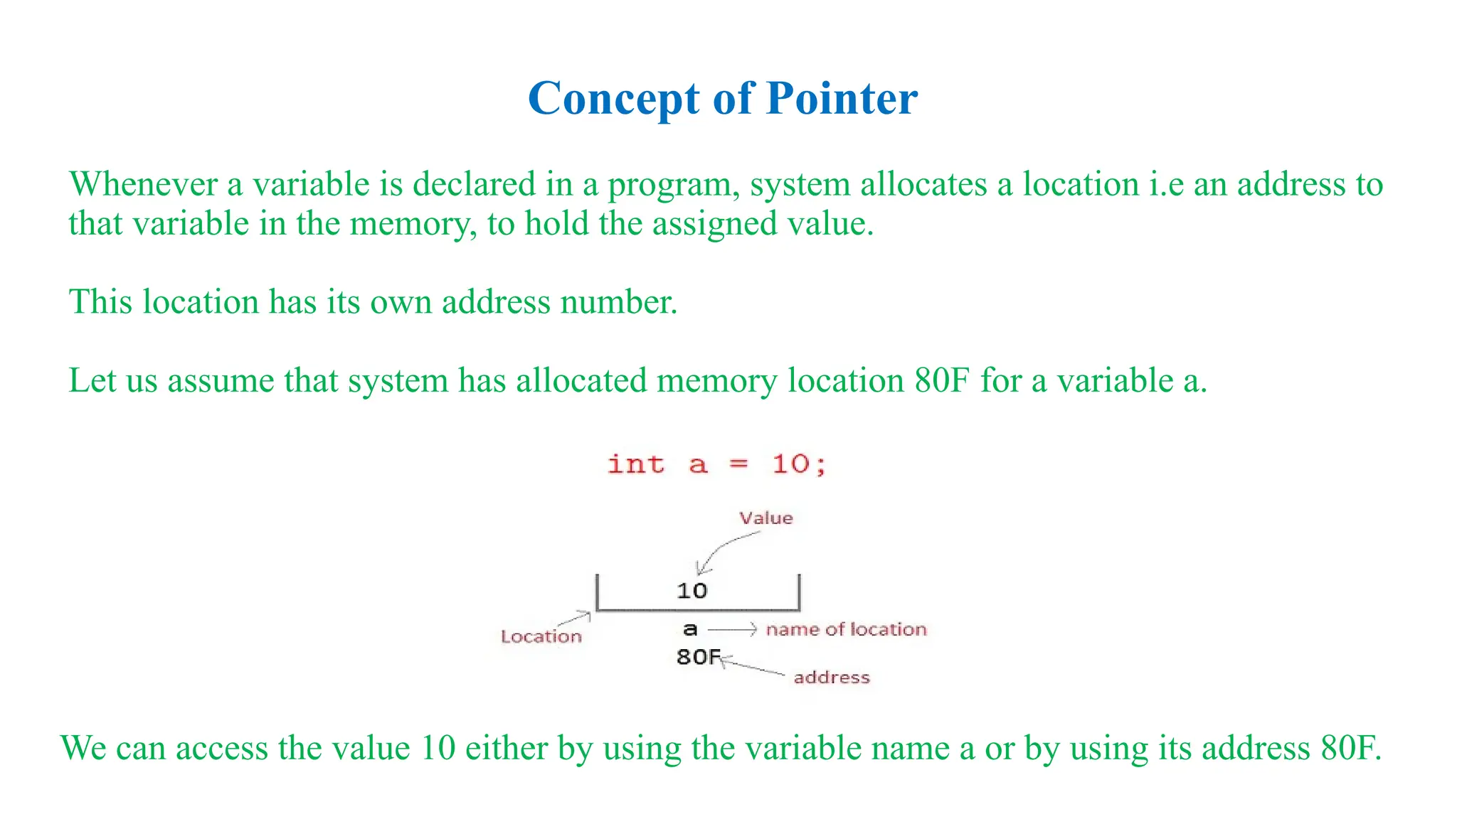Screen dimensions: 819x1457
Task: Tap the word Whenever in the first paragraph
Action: pos(143,184)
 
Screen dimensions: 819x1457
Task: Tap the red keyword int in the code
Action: pos(636,464)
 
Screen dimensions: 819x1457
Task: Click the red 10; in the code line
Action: pos(800,464)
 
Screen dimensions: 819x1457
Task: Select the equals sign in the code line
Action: pos(739,464)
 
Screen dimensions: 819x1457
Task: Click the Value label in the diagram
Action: pos(765,518)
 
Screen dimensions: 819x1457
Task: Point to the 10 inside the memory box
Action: pos(692,591)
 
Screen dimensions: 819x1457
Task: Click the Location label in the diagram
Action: pos(541,636)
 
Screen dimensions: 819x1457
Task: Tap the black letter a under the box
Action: pos(690,629)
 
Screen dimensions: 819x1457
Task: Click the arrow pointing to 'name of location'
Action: pos(732,629)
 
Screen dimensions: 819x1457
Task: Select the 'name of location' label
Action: pos(846,629)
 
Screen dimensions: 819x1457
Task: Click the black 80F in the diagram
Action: pos(698,656)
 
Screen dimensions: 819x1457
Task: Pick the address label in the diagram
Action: pos(832,677)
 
